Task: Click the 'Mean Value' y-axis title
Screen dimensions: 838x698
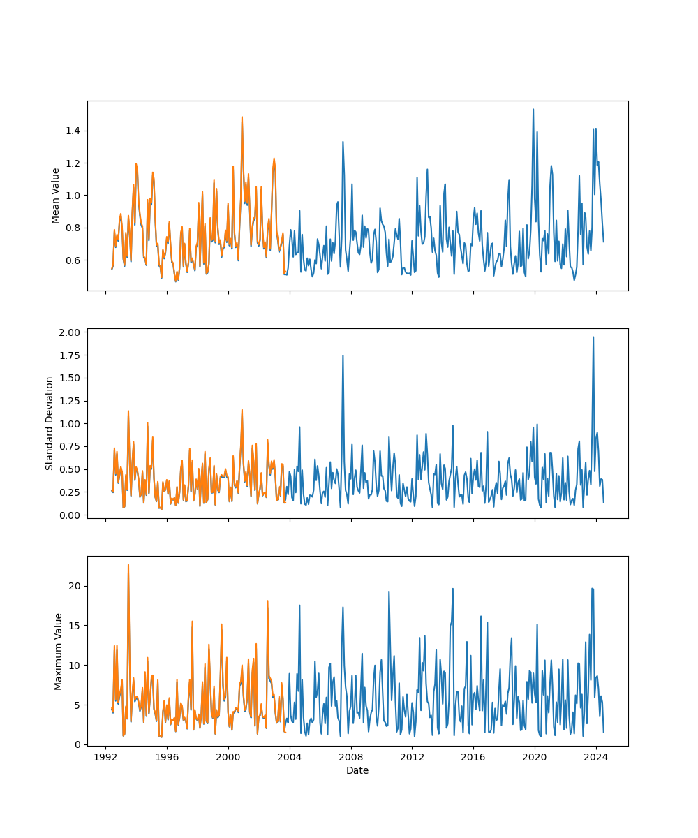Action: point(56,196)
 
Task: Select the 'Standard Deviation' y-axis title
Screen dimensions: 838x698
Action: point(50,423)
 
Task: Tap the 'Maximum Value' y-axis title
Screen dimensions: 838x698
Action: point(59,652)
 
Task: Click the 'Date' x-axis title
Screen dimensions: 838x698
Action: point(357,770)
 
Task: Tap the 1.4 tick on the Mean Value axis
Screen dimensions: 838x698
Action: point(73,131)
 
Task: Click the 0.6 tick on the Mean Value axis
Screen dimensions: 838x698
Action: point(73,260)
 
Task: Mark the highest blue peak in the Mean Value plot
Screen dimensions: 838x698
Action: point(533,109)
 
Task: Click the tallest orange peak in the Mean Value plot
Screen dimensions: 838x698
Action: point(242,117)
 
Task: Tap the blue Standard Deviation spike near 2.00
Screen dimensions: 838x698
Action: point(593,337)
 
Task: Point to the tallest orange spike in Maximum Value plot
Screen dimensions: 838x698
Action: point(128,564)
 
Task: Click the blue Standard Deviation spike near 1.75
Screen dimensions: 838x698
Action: point(343,355)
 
